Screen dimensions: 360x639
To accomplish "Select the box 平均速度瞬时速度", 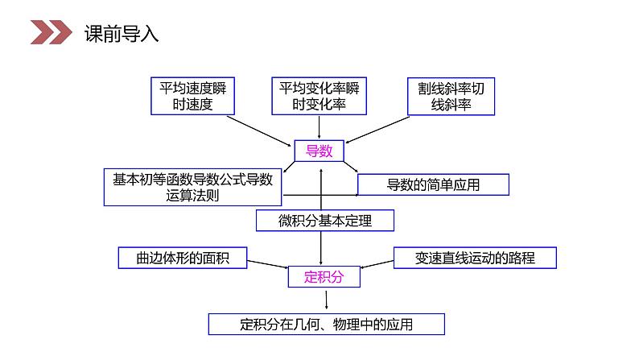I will (192, 96).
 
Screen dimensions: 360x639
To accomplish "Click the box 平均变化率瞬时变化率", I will (319, 96).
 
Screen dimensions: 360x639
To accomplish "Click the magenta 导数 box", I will (319, 151).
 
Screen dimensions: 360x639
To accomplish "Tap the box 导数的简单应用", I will (433, 185).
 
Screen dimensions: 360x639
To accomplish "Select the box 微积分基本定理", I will (325, 220).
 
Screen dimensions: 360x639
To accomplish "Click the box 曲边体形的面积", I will (183, 258).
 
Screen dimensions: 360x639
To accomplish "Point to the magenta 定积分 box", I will (324, 277).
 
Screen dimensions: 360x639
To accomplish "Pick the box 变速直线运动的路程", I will (475, 258).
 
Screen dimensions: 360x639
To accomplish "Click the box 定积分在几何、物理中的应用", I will (326, 325).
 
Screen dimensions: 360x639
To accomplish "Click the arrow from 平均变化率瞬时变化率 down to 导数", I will (319, 126).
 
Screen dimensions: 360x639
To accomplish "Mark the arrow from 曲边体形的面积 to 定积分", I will (267, 263).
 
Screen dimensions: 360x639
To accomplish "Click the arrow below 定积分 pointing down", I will (326, 300).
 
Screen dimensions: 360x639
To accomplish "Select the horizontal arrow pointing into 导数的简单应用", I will (322, 194).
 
